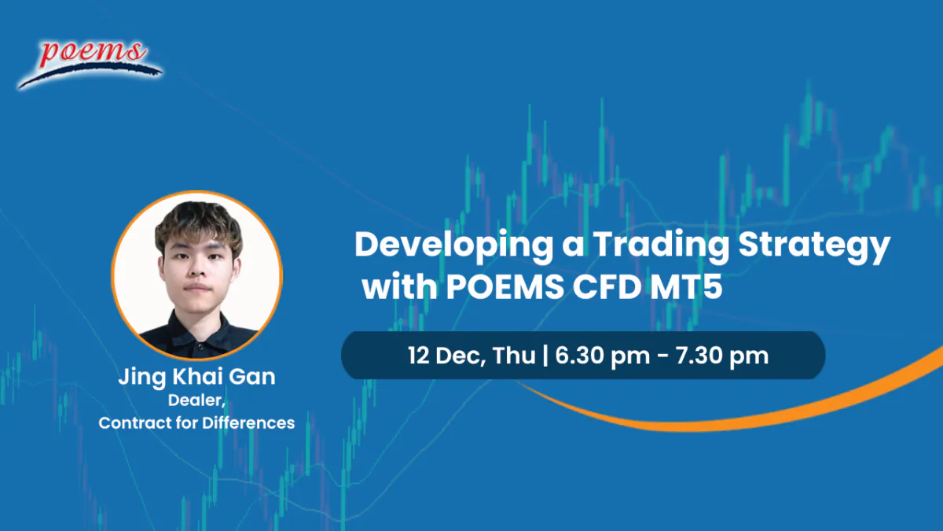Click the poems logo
pos(90,64)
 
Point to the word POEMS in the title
pos(505,287)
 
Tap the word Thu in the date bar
pos(514,356)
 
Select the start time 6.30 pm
pos(603,356)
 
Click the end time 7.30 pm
pos(722,356)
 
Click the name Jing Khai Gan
pos(196,377)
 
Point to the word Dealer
pos(196,400)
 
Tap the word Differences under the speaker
pos(248,422)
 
